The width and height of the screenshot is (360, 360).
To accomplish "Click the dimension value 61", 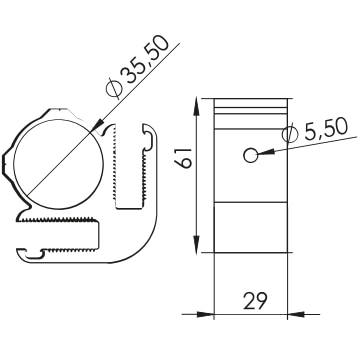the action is (184, 158).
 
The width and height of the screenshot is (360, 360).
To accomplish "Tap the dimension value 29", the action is (255, 301).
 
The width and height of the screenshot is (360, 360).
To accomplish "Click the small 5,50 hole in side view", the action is (250, 155).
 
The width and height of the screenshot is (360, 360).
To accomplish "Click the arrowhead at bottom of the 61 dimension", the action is (197, 244).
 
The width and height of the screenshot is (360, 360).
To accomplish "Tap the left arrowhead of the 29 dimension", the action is (204, 314).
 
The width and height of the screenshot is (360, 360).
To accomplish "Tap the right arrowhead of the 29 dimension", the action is (296, 314).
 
